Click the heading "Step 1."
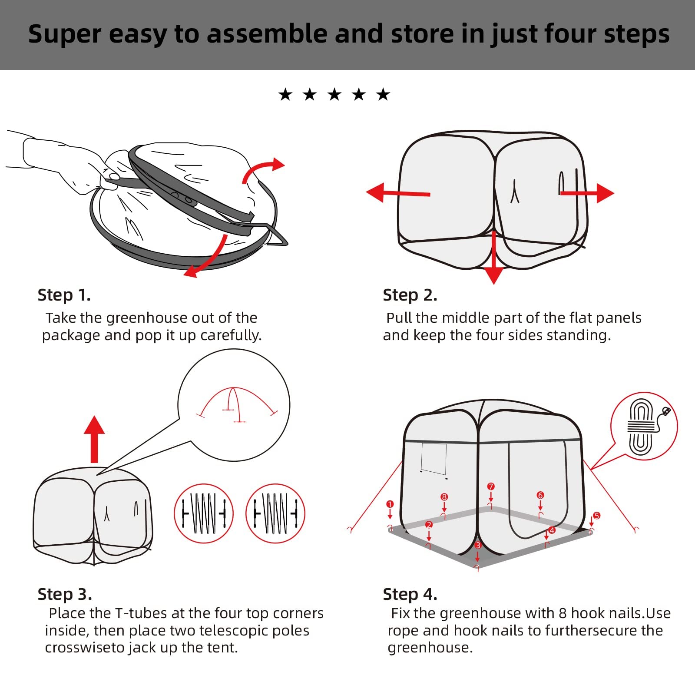pyautogui.click(x=64, y=295)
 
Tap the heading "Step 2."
pyautogui.click(x=410, y=295)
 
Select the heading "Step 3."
pyautogui.click(x=65, y=594)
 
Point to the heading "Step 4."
pyautogui.click(x=410, y=594)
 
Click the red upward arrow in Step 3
pyautogui.click(x=94, y=439)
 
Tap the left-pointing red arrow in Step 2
pyautogui.click(x=398, y=193)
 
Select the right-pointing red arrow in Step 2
pyautogui.click(x=587, y=193)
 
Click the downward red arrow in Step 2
pyautogui.click(x=493, y=258)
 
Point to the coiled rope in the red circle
pyautogui.click(x=642, y=427)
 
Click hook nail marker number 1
pyautogui.click(x=390, y=504)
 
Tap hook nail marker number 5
pyautogui.click(x=597, y=516)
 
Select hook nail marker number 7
pyautogui.click(x=491, y=486)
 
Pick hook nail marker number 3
pyautogui.click(x=478, y=545)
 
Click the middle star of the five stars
pyautogui.click(x=334, y=94)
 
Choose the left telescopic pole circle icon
pyautogui.click(x=204, y=513)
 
